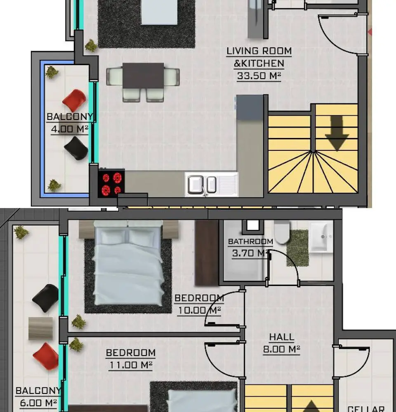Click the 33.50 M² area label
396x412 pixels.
(x=259, y=76)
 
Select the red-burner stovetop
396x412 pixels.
(x=111, y=183)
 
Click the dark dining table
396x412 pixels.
(x=143, y=76)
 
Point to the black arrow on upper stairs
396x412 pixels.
(x=337, y=133)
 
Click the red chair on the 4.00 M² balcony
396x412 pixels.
(x=75, y=101)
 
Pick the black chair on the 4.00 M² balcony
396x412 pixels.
(x=76, y=148)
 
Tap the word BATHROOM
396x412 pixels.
(x=250, y=241)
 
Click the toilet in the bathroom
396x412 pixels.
(x=282, y=232)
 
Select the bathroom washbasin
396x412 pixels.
(x=321, y=238)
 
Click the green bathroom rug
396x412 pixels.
(x=297, y=248)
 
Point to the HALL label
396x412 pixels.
(x=282, y=337)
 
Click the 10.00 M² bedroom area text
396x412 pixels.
(x=199, y=310)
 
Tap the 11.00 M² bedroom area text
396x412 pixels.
(x=130, y=365)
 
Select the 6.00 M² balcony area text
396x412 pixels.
(x=38, y=403)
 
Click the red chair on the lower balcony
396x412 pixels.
(x=46, y=356)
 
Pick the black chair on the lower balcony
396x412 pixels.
(x=45, y=298)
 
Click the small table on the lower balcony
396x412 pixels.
(x=40, y=329)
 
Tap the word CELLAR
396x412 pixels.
(x=366, y=409)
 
